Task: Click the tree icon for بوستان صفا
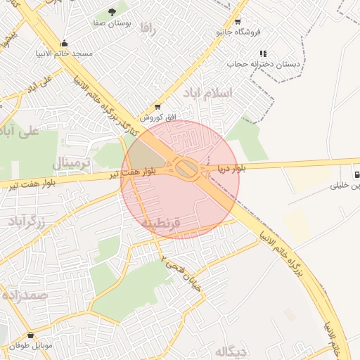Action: pos(112,11)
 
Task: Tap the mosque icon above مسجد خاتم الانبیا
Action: pos(65,43)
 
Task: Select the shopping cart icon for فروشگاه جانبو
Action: pos(237,21)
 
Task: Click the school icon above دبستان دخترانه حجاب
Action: pos(263,53)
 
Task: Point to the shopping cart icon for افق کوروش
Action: pos(157,106)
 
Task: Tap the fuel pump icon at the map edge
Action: pos(356,174)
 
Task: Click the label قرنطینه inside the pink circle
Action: pos(162,223)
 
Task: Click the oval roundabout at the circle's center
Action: pos(186,169)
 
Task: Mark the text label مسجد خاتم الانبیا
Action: pos(63,54)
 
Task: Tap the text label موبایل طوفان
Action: pos(31,346)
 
